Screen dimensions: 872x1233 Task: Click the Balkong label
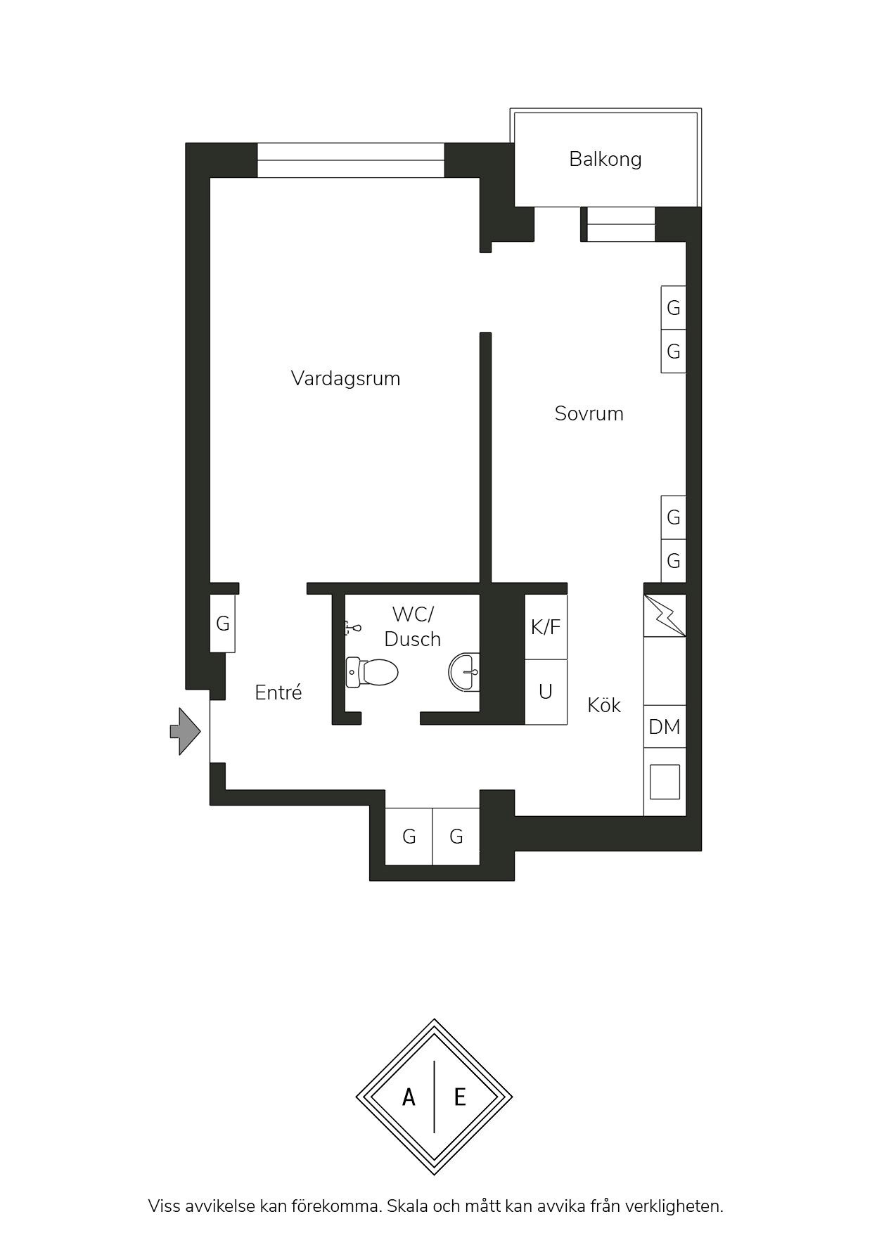pos(605,159)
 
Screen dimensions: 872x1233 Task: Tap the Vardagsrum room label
pos(345,378)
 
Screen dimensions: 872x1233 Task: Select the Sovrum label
pos(589,413)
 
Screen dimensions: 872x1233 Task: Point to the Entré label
pos(278,692)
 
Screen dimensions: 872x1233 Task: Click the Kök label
pos(604,705)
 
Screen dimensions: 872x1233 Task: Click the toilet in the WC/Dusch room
pos(372,672)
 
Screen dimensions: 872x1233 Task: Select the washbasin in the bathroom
pos(464,672)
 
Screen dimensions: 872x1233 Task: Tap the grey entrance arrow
pos(186,732)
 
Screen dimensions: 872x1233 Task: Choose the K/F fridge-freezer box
pos(546,627)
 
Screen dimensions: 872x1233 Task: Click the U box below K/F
pos(546,692)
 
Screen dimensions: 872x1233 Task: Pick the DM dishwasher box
pos(665,727)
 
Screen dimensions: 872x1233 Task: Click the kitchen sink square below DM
pos(665,782)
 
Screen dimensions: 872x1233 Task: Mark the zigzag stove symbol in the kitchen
pos(665,616)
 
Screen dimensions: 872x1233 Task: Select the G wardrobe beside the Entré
pos(222,624)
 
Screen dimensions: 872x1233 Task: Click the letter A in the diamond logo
pos(409,1097)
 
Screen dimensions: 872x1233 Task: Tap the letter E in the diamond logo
pos(460,1097)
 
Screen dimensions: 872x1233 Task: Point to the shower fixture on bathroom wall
pos(352,627)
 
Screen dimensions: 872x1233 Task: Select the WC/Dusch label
pos(413,626)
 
